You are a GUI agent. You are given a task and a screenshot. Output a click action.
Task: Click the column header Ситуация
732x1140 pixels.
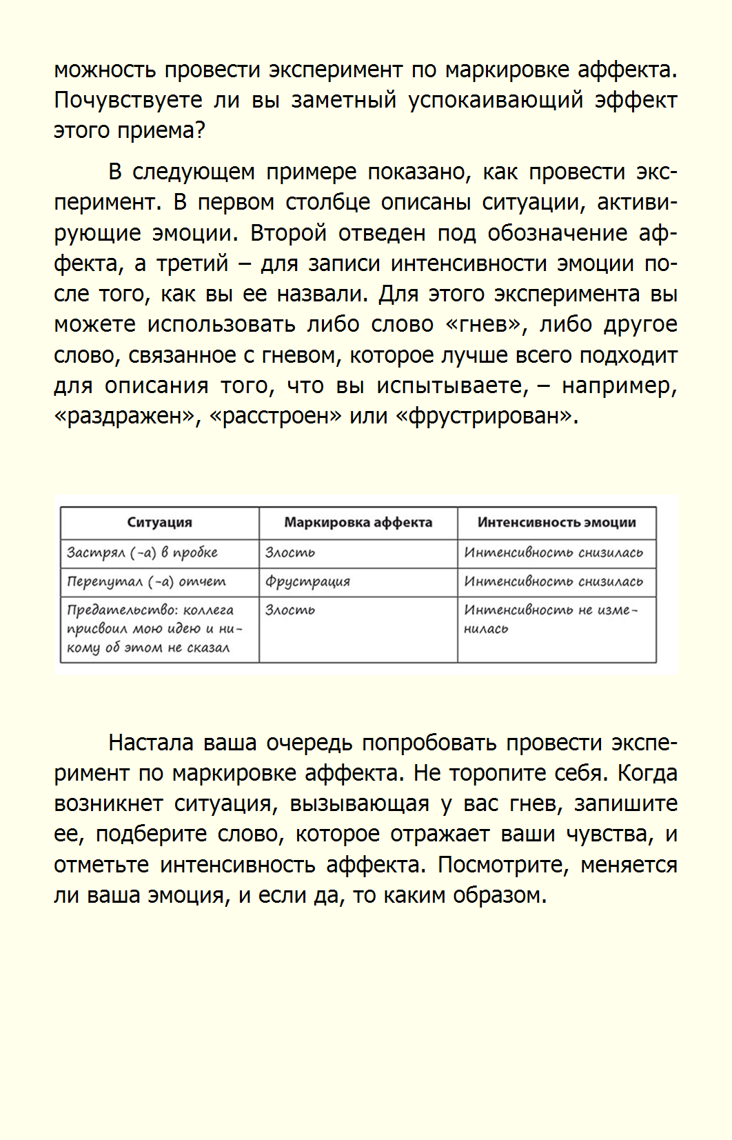159,523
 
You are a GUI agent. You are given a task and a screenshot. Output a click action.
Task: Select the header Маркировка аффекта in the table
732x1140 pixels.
358,523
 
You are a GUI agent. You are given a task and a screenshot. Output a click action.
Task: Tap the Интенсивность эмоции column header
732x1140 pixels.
556,523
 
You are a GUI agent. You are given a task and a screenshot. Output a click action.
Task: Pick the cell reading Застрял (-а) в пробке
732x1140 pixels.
142,553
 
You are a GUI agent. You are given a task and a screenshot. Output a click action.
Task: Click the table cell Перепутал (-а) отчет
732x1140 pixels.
146,582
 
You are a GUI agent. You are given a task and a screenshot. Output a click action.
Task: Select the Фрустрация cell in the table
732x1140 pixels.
307,582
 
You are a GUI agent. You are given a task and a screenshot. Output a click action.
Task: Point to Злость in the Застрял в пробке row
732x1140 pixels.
290,553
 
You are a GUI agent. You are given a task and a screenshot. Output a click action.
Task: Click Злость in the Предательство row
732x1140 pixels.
290,610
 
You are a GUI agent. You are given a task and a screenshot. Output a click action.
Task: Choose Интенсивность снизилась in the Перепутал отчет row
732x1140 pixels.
553,582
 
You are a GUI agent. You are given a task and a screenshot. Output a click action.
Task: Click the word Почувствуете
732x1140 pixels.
128,101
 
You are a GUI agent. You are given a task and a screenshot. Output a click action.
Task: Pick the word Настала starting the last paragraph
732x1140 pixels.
150,743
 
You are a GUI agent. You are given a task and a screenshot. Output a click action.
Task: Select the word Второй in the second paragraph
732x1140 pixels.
288,233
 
